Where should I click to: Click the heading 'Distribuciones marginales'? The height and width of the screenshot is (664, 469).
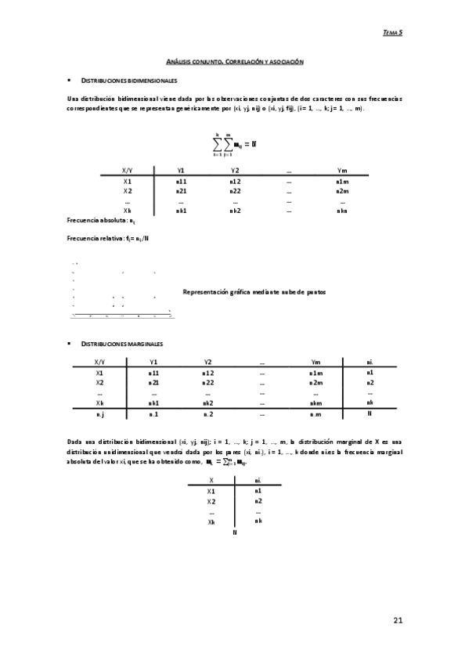pos(123,344)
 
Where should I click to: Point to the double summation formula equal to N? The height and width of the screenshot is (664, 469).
pos(235,145)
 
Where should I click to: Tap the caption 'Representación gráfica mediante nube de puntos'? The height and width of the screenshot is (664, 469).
pos(253,291)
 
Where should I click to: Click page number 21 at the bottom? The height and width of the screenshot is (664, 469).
pos(397,621)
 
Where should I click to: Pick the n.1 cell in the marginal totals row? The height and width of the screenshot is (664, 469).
pos(153,413)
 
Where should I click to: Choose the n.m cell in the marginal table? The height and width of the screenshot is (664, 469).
pos(316,413)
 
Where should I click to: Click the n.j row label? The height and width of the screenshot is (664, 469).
pos(99,413)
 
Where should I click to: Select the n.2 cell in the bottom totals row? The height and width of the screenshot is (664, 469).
pos(208,413)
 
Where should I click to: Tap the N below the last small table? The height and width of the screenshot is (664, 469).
pos(235,532)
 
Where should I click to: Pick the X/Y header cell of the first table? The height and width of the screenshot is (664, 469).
pos(128,170)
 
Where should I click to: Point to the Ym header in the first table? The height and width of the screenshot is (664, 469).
pos(341,170)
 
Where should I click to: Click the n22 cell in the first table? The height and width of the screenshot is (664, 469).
pos(235,190)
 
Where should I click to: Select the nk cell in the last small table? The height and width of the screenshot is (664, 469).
pos(258,521)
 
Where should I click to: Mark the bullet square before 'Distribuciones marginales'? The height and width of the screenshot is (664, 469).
pos(70,344)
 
